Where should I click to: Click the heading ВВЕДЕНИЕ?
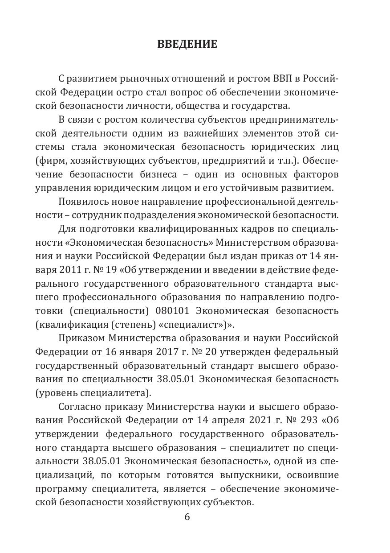point(187,44)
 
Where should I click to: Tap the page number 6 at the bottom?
point(187,517)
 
